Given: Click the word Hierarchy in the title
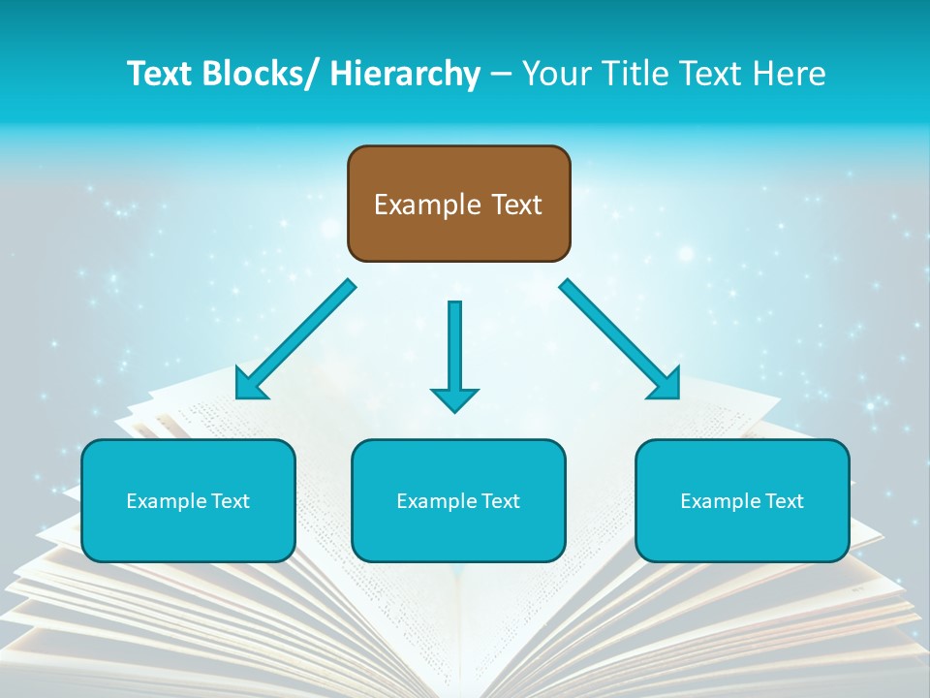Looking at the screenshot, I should pos(405,74).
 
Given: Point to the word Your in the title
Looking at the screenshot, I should pos(552,74).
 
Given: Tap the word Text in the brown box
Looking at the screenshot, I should pos(515,205).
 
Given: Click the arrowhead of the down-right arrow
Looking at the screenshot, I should pos(666,385).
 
